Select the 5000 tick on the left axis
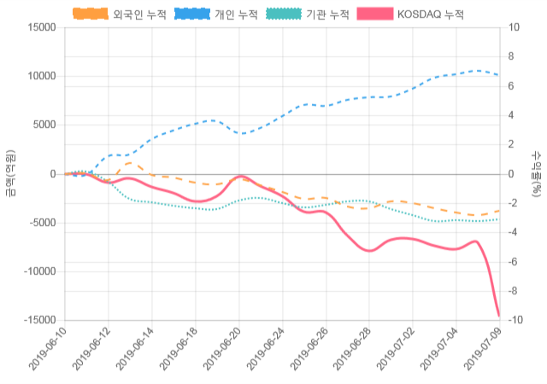coord(42,125)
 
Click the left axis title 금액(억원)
coord(10,173)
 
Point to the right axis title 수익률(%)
coord(536,173)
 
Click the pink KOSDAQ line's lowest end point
coord(499,316)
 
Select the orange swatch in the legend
coord(91,15)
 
